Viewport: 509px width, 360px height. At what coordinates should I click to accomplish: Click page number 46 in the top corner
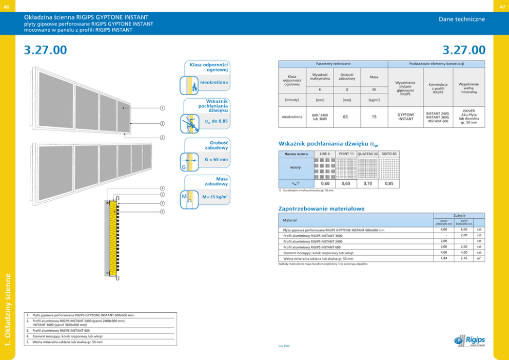(x=6, y=6)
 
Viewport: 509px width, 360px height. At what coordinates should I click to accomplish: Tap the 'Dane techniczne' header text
(x=461, y=19)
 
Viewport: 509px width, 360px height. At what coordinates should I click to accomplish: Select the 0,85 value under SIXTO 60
(x=389, y=183)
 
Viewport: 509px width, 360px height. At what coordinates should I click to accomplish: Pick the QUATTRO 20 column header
(x=367, y=154)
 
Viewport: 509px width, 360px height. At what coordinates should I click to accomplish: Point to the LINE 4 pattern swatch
(x=324, y=167)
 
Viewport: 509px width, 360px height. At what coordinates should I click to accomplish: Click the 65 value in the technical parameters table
(x=345, y=117)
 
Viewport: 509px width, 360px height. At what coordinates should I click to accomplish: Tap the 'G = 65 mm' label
(x=216, y=160)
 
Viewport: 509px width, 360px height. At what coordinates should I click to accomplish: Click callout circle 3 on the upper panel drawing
(x=162, y=124)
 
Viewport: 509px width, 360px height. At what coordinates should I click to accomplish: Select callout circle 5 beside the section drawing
(x=162, y=212)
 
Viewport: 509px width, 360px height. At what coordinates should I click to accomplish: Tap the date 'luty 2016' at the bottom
(x=284, y=346)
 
